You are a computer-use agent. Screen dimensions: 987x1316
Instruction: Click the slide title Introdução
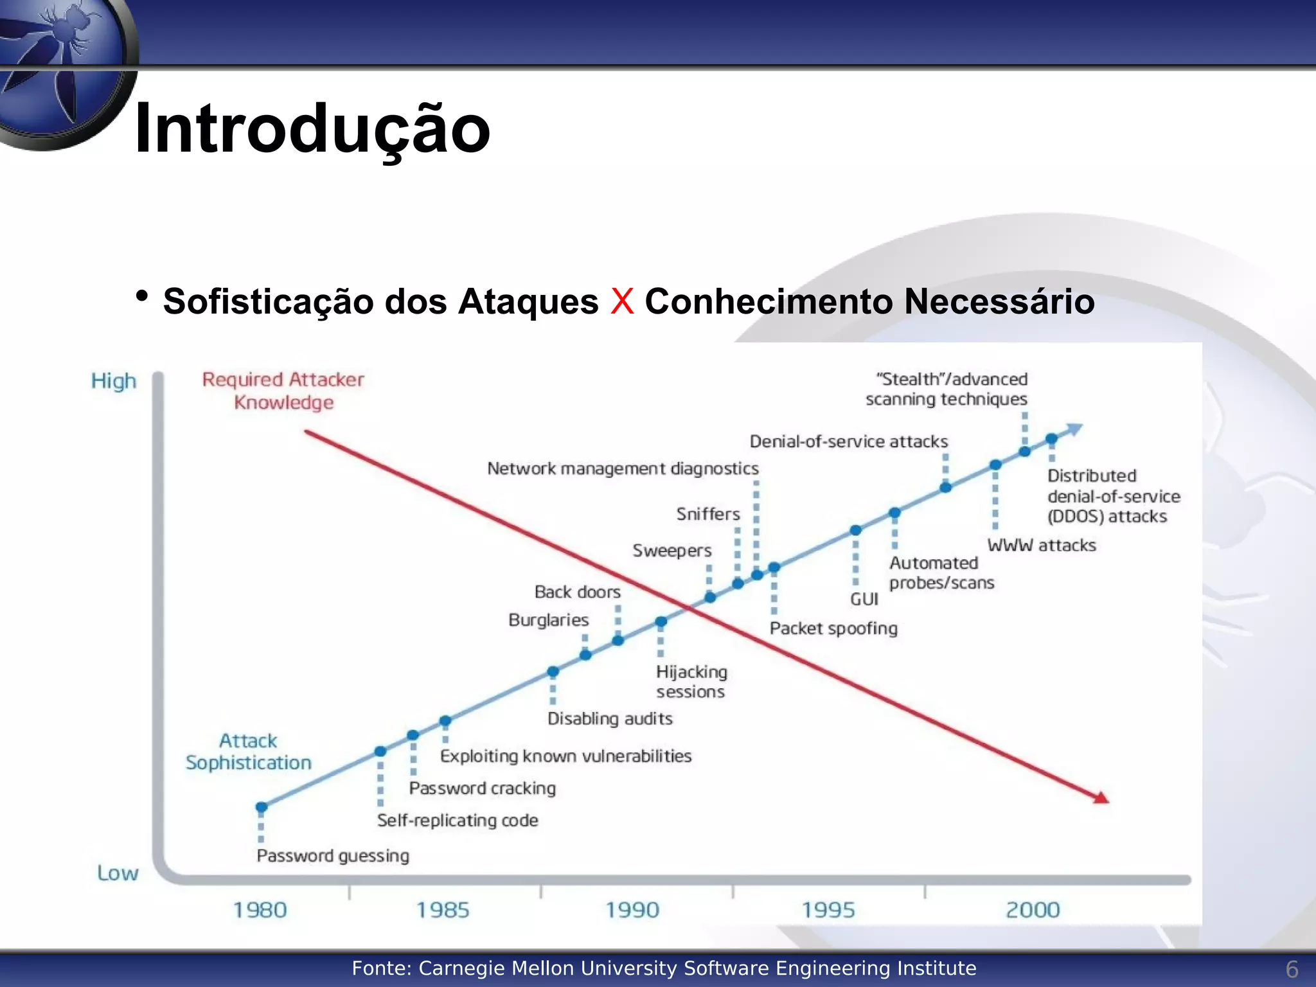pos(312,129)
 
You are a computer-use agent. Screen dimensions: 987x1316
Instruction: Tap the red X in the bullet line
pos(621,301)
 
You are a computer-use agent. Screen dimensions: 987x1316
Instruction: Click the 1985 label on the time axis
pos(443,910)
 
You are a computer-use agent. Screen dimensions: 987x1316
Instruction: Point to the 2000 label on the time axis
pos(1033,910)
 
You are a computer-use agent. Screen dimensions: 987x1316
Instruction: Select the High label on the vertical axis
pos(114,380)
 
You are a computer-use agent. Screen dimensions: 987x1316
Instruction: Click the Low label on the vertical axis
pos(118,873)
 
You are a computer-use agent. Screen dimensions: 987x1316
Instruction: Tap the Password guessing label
pos(333,855)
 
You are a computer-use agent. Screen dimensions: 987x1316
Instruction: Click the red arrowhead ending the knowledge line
pos(1101,797)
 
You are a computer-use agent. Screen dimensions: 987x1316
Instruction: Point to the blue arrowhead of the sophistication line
pos(1074,429)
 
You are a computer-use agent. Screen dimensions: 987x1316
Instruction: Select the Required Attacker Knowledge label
pos(283,391)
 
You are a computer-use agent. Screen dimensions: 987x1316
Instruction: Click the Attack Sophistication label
pos(249,751)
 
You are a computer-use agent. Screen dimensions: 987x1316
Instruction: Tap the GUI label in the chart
pos(864,599)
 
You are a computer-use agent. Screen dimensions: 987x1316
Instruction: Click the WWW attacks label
pos(1041,545)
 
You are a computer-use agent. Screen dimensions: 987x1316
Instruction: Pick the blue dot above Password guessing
pos(262,807)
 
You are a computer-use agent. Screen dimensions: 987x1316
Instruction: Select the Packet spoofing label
pos(833,628)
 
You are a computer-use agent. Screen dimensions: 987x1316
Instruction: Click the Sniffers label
pos(708,514)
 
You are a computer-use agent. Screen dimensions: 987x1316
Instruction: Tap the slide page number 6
pos(1292,969)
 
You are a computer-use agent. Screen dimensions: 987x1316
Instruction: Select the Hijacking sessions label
pos(691,681)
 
